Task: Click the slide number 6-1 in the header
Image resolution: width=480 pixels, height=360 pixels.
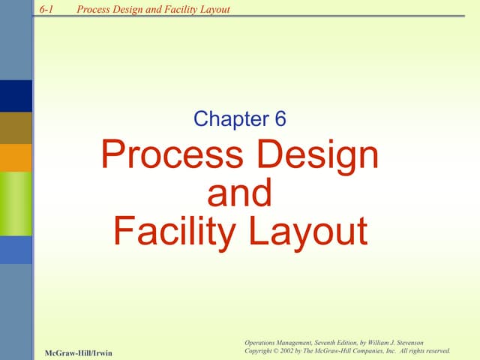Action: (x=46, y=9)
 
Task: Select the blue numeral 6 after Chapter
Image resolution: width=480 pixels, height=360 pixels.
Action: (x=279, y=118)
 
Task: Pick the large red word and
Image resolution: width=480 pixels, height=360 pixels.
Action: (x=239, y=193)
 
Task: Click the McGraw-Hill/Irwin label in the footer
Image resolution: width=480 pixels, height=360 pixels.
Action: (x=78, y=352)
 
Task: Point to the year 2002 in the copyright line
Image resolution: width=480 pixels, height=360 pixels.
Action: (x=290, y=350)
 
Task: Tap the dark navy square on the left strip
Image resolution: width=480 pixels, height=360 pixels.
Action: (x=16, y=96)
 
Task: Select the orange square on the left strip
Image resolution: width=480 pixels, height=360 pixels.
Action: (x=16, y=157)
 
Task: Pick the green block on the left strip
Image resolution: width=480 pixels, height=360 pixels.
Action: (x=16, y=204)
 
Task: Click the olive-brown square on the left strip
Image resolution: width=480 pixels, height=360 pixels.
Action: (x=16, y=127)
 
